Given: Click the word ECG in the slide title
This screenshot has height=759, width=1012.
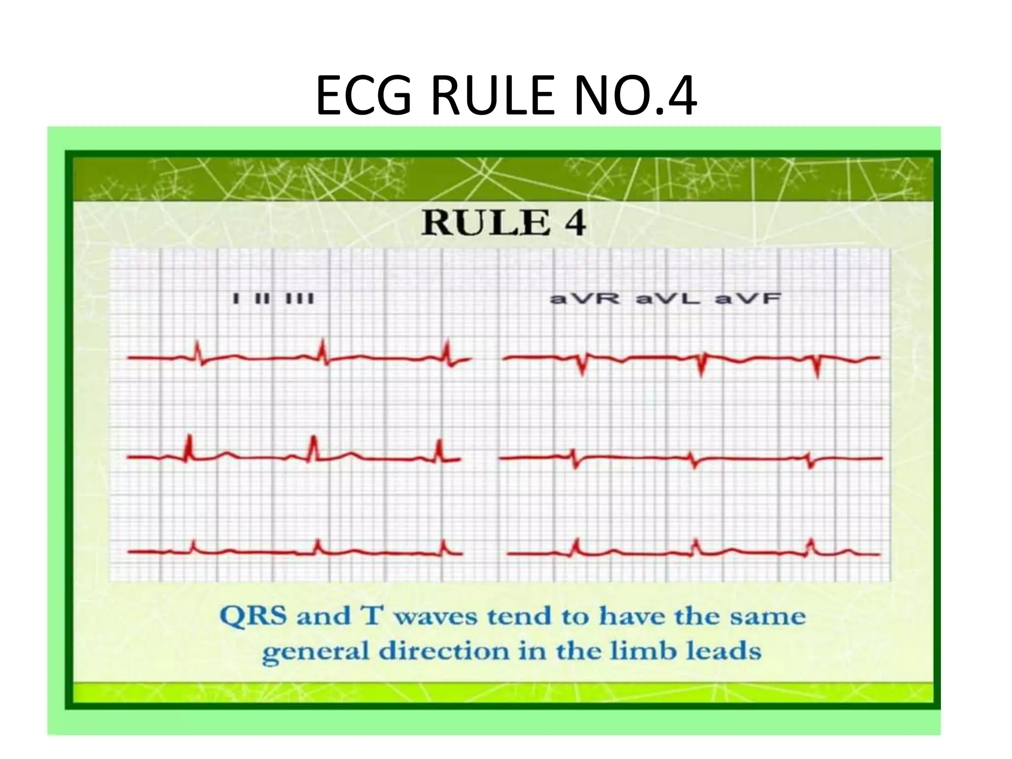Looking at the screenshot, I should point(363,95).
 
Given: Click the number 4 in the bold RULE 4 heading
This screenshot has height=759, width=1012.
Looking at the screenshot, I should point(575,223).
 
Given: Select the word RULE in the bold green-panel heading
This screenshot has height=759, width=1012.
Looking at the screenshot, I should point(486,223).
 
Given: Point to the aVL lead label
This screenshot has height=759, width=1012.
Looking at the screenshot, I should point(668,299).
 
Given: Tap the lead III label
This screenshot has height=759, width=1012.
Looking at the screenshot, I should point(299,299).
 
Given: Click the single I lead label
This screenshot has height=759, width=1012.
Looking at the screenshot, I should point(236,299).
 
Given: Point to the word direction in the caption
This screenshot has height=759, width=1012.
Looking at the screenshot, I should point(444,652).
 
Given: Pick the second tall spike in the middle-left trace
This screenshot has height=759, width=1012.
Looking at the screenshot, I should point(313,447).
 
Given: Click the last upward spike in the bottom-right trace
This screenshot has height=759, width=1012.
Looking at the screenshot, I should point(811,546).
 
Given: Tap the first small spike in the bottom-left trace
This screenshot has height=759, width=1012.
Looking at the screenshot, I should point(194,546).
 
